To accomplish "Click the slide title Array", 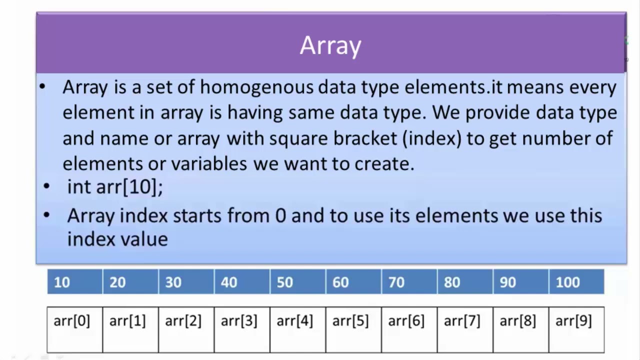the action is click(x=330, y=45).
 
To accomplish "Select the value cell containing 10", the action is click(x=75, y=281).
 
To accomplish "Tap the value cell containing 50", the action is click(x=297, y=281).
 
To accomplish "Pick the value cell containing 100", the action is click(x=576, y=281).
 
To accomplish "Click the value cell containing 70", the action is click(x=409, y=281).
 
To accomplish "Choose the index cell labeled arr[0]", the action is click(x=75, y=329).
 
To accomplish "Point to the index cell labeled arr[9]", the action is click(x=576, y=329).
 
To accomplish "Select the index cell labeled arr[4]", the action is click(x=297, y=329).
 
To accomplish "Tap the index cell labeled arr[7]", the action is click(x=465, y=329).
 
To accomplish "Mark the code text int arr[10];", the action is click(x=115, y=187).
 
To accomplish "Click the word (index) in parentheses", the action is click(x=432, y=139).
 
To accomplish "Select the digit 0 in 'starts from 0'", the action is click(x=280, y=215).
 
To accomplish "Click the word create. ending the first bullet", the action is click(x=384, y=164).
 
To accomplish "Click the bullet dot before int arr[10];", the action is click(x=46, y=186).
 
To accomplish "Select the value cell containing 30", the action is click(x=186, y=281).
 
